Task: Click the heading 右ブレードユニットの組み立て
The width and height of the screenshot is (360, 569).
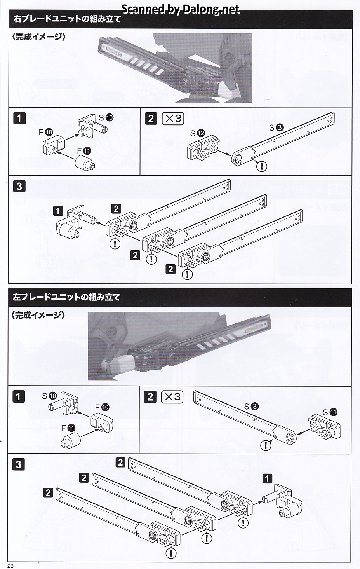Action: [x=67, y=19]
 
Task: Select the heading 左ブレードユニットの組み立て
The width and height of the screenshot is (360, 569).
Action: [x=66, y=297]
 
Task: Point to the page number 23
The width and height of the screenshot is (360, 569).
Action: [x=10, y=566]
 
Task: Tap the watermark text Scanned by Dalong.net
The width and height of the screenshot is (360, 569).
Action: [x=181, y=9]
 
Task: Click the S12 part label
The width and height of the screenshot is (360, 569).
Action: [x=197, y=133]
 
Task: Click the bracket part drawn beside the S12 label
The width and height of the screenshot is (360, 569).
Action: [x=203, y=148]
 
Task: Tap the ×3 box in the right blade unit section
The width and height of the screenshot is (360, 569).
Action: [x=172, y=119]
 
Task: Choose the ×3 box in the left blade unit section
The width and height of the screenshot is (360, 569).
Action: [x=172, y=397]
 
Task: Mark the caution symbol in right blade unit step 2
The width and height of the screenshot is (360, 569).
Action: [x=263, y=167]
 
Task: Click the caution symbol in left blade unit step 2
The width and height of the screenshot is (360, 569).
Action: [x=266, y=445]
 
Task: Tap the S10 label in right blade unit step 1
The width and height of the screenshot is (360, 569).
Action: [x=106, y=117]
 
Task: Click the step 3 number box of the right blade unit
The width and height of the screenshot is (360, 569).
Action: [x=19, y=186]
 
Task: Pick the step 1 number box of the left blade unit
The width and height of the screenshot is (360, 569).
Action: [x=18, y=396]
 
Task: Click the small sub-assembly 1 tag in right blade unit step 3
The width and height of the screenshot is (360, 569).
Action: [x=58, y=211]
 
